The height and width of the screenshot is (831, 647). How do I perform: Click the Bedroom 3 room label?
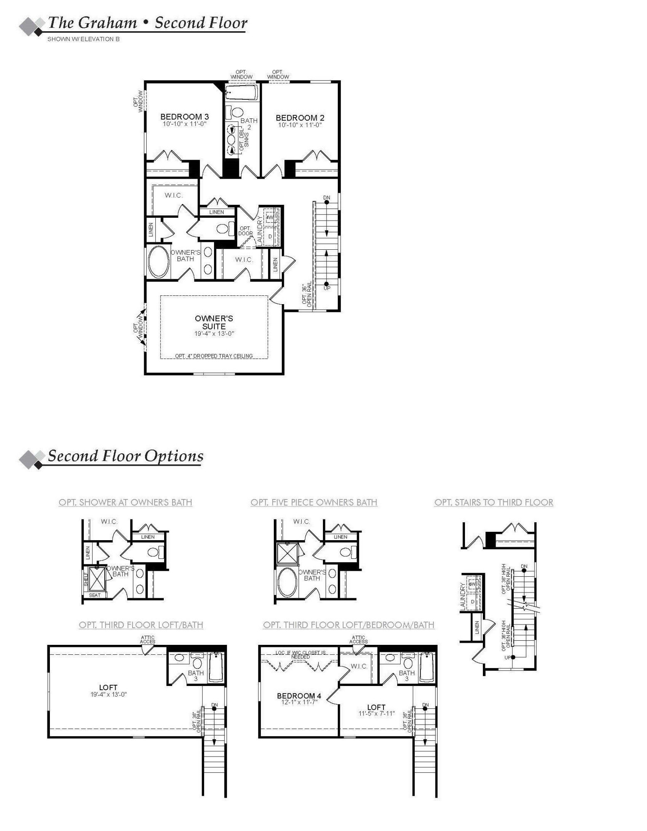[x=185, y=117]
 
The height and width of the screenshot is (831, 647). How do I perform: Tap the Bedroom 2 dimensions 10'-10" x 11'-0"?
[x=300, y=125]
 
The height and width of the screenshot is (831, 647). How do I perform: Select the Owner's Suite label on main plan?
[x=214, y=322]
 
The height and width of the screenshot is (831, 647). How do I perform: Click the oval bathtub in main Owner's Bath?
[x=158, y=262]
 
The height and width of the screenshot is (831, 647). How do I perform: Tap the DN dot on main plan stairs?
[x=327, y=202]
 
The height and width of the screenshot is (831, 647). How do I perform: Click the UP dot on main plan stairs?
[x=327, y=284]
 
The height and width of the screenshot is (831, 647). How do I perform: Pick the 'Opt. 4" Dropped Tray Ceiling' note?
[x=214, y=356]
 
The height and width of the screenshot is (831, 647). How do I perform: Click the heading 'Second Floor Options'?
[x=125, y=456]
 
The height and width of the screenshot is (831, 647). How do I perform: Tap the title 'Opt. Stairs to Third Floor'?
[x=494, y=502]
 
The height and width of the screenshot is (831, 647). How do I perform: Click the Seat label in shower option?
[x=95, y=595]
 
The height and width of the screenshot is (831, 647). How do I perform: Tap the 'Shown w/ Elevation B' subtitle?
[x=84, y=39]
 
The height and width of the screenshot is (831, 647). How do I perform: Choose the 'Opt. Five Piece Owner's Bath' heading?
[x=314, y=502]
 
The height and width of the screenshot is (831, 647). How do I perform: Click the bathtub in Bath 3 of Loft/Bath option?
[x=216, y=667]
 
